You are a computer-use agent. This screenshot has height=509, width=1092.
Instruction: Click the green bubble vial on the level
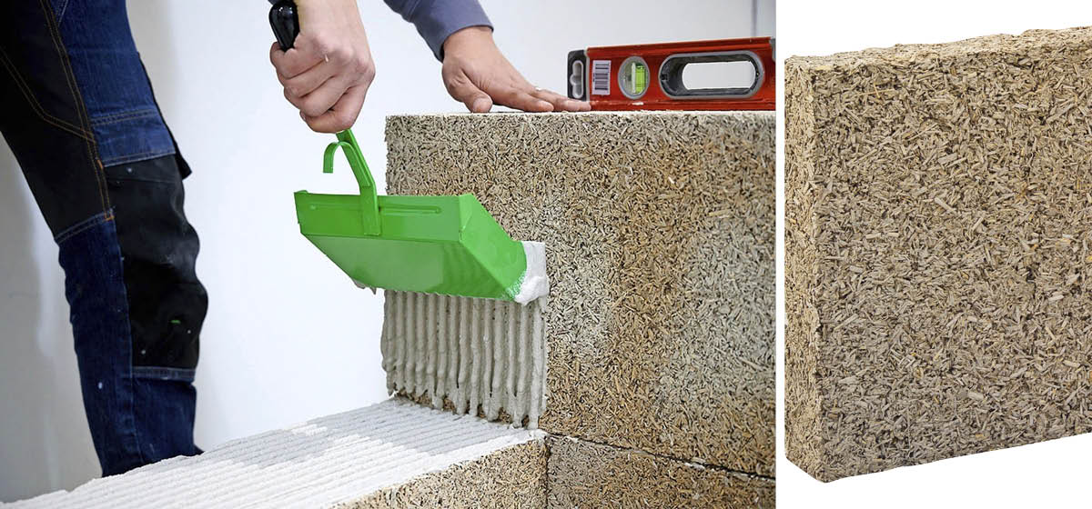click(x=633, y=77)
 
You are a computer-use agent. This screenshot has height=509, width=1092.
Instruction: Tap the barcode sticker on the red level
click(x=601, y=77)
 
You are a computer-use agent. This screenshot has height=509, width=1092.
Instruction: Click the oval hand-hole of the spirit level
click(x=711, y=75)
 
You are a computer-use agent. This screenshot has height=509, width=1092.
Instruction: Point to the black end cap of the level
click(x=577, y=75)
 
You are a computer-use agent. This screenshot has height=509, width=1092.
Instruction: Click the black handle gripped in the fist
click(x=284, y=23)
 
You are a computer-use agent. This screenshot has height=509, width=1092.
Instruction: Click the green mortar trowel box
click(x=409, y=241)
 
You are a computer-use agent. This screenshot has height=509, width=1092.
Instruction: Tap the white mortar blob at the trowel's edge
click(x=532, y=272)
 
